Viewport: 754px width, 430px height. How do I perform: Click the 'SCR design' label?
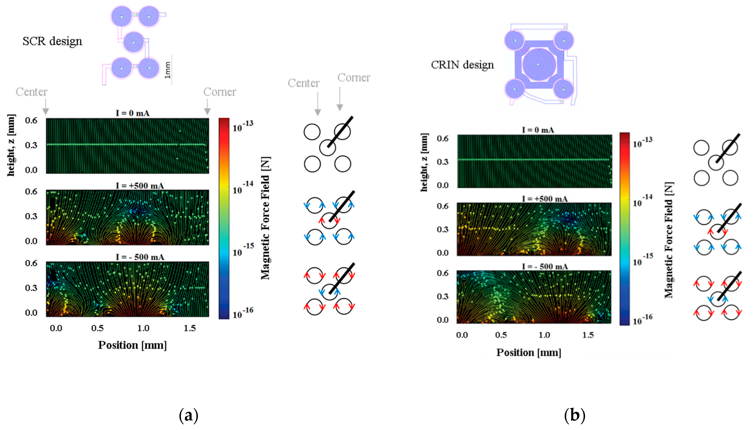[x=52, y=41]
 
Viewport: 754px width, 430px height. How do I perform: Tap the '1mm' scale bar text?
[x=168, y=70]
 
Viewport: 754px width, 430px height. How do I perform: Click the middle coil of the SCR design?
[x=133, y=42]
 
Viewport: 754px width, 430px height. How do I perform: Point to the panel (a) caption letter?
[x=188, y=416]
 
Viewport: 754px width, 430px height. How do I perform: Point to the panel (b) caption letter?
[x=574, y=416]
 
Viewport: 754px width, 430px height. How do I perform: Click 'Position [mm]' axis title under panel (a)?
[x=132, y=345]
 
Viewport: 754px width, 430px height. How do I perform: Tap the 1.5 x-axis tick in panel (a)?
[x=189, y=328]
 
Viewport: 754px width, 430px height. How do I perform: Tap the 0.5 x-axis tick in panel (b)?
[x=501, y=335]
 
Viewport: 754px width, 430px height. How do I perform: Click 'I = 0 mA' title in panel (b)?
[x=538, y=130]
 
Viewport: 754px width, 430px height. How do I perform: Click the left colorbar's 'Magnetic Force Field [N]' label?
[x=265, y=218]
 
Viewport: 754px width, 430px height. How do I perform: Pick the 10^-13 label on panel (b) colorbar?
[x=642, y=142]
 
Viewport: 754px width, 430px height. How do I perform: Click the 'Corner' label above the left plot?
[x=219, y=92]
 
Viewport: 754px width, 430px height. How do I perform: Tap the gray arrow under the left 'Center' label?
[x=45, y=108]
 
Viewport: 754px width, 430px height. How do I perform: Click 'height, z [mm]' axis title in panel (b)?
[x=424, y=162]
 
